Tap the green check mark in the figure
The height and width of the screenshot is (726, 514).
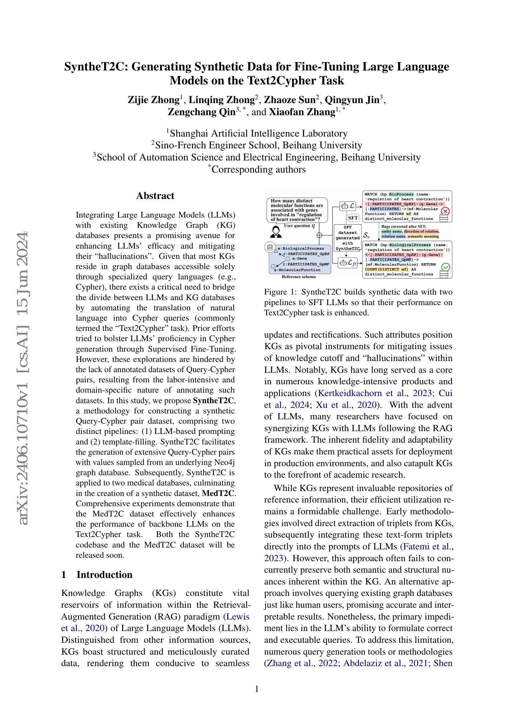[445, 267]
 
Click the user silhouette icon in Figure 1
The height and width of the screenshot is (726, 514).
[276, 232]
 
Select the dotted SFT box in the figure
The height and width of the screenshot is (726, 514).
[353, 218]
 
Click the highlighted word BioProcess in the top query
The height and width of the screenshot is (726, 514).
[401, 194]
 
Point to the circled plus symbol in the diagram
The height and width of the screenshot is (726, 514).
[319, 235]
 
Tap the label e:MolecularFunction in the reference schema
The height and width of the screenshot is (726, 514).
[297, 270]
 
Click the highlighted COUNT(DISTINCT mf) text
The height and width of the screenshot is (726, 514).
[387, 269]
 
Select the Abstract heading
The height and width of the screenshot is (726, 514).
[155, 196]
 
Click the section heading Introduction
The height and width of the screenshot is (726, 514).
[104, 575]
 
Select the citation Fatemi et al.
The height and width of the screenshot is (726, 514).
[427, 546]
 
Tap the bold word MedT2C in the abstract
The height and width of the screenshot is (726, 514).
[218, 493]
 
